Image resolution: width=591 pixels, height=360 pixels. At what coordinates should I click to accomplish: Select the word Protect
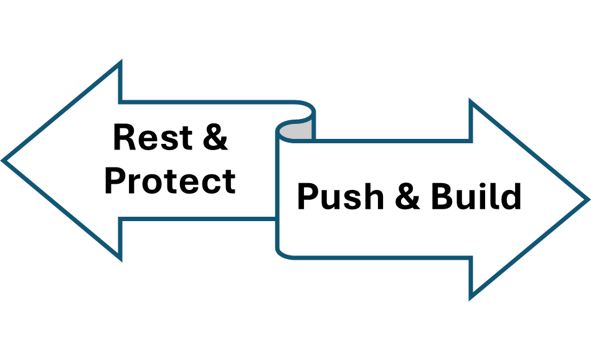169,181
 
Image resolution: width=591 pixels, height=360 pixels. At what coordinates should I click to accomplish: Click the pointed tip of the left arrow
5,160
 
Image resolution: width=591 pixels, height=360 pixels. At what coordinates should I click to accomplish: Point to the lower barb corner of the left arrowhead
120,258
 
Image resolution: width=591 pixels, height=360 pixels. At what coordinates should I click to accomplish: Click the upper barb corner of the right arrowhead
471,103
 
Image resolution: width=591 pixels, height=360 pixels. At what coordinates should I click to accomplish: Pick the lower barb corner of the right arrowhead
471,296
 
